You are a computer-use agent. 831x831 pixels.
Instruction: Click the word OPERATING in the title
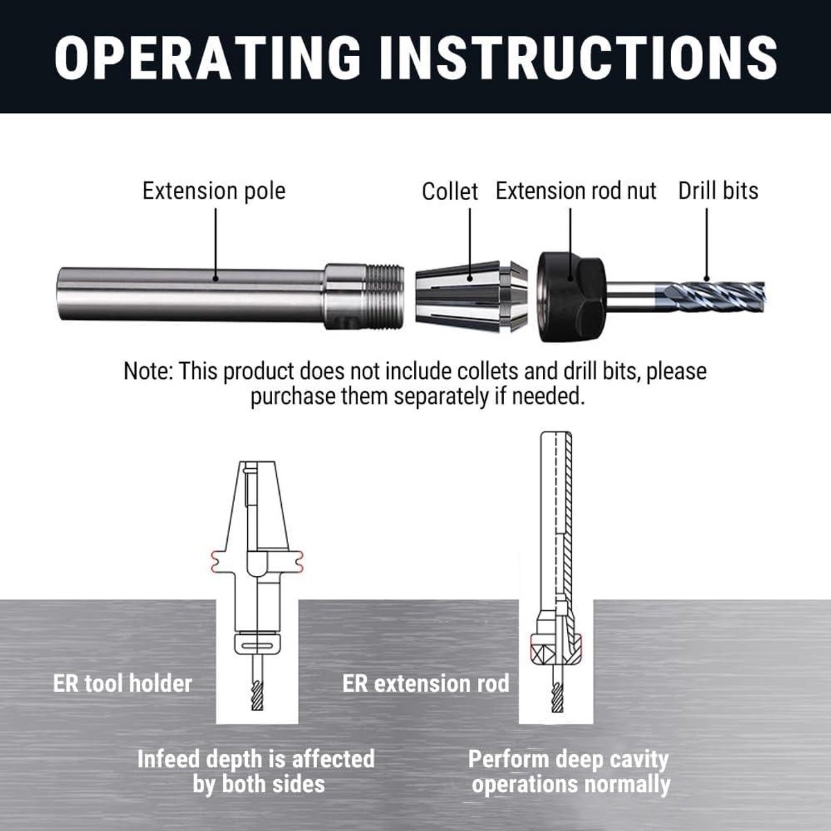(x=208, y=57)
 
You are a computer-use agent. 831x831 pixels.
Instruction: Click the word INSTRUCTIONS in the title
(x=578, y=57)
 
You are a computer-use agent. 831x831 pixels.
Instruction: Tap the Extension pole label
(x=214, y=191)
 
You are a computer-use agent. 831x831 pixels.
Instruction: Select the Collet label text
(x=450, y=191)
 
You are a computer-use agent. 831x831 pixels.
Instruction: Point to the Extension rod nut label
(x=575, y=191)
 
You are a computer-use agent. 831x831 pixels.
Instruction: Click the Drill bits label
(x=718, y=191)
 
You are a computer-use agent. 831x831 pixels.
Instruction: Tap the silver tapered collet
(x=471, y=296)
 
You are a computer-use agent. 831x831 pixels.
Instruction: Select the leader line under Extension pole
(x=215, y=244)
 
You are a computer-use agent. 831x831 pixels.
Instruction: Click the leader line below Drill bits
(x=706, y=244)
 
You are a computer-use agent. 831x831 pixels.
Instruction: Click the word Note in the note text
(x=148, y=371)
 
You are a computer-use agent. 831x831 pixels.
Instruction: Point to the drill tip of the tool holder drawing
(x=257, y=708)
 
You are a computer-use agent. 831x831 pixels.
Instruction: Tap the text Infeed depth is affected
(x=256, y=760)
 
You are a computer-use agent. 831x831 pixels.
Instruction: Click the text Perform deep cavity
(x=569, y=760)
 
